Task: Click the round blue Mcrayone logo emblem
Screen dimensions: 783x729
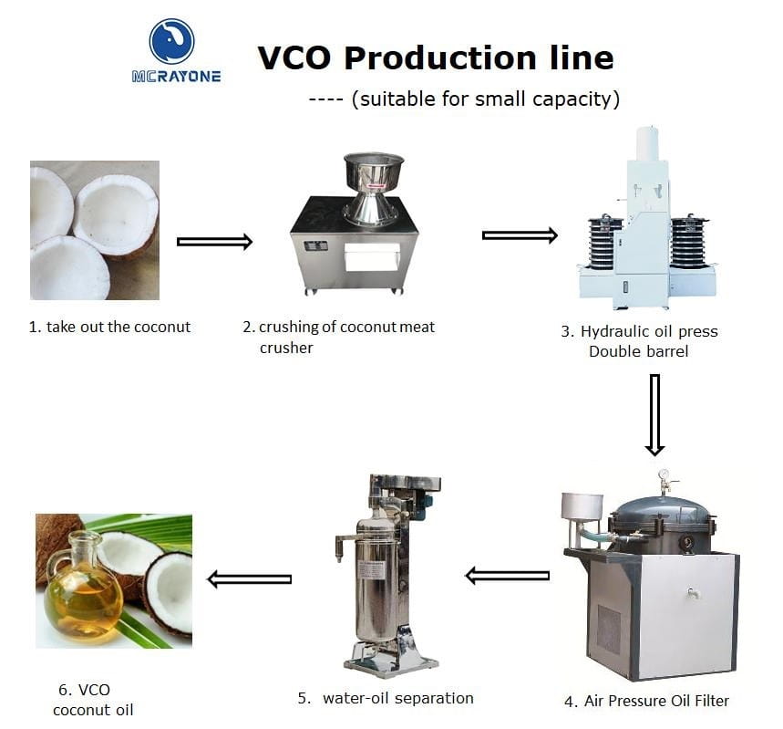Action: coord(171,42)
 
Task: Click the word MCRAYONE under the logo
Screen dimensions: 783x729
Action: coord(176,77)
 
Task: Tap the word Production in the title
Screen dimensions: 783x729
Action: coord(440,57)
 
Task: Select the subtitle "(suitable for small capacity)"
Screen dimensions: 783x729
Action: coord(486,99)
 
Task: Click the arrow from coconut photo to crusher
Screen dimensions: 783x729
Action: coord(215,242)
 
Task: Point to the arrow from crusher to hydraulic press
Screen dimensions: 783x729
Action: coord(520,235)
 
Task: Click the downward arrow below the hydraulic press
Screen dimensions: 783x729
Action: coord(654,415)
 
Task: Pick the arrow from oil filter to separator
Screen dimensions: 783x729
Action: coord(508,576)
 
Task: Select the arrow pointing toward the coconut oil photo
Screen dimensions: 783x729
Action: coord(249,579)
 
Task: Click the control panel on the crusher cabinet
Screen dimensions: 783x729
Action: coord(315,246)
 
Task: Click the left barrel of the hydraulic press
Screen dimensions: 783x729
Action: coord(605,242)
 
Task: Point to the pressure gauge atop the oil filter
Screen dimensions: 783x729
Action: coord(664,474)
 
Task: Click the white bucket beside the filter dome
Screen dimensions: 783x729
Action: coord(582,506)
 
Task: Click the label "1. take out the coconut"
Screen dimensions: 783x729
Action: coord(109,327)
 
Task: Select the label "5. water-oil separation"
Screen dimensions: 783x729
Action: coord(386,698)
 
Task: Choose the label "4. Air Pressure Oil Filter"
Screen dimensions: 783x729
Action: coord(646,701)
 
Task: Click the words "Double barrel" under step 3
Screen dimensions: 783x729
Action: coord(639,351)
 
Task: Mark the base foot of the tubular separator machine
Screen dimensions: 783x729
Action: coord(391,661)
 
